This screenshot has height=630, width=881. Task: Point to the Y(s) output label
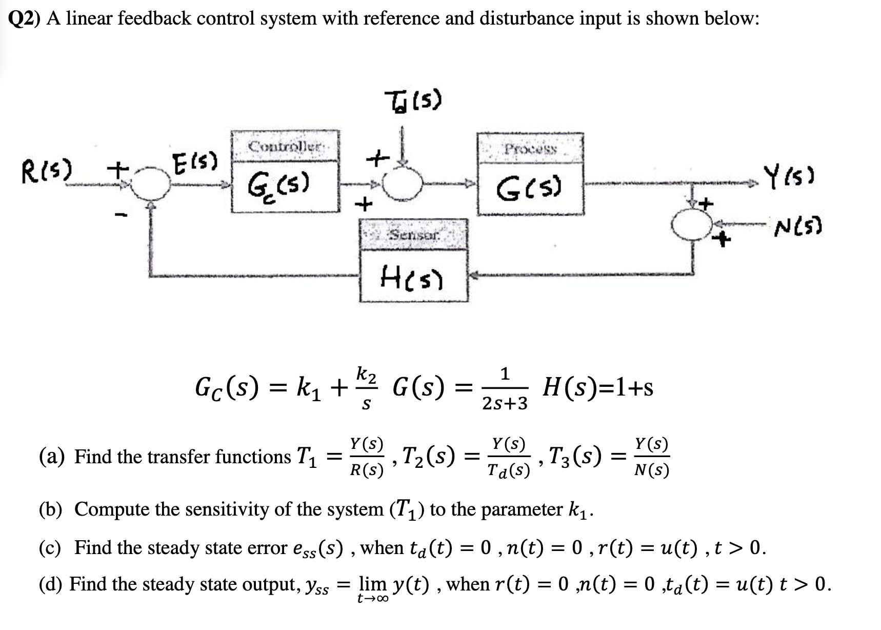click(x=790, y=176)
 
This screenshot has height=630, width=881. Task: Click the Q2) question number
click(x=26, y=19)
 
